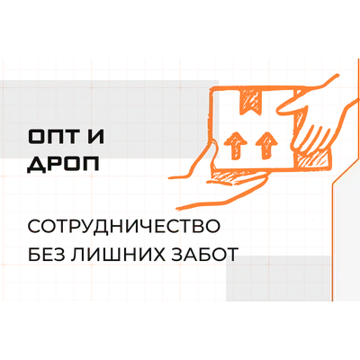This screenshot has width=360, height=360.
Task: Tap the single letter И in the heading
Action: (94, 137)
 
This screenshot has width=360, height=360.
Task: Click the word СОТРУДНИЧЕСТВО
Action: (123, 227)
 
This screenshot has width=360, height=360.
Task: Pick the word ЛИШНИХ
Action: (113, 255)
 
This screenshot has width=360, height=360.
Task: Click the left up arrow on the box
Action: (235, 145)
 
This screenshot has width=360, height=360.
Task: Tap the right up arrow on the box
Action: (266, 145)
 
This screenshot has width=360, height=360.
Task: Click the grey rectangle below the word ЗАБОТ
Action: (278, 278)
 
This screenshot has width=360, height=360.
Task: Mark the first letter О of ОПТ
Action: (35, 137)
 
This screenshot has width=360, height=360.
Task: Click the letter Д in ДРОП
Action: (36, 165)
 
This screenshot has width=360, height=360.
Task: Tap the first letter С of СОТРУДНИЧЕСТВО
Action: (34, 227)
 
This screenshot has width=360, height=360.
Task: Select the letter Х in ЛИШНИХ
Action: (153, 255)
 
